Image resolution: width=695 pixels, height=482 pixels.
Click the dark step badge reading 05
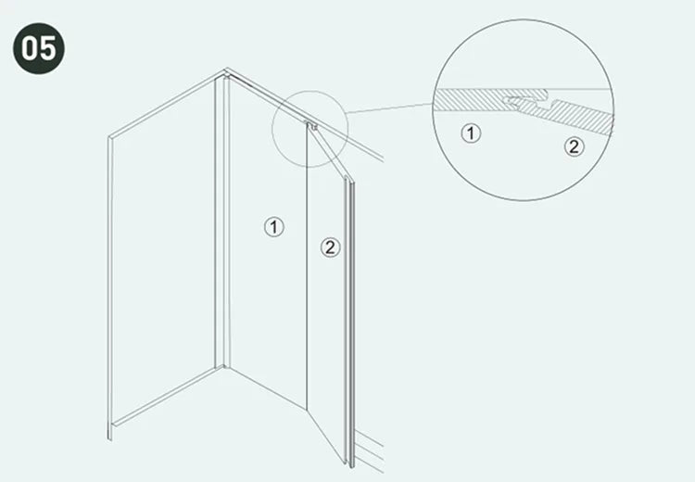(x=39, y=48)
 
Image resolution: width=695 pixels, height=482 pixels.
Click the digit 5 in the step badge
(x=48, y=48)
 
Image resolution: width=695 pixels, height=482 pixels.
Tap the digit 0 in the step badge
(x=30, y=48)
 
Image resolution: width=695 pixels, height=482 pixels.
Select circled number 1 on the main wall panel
(x=274, y=226)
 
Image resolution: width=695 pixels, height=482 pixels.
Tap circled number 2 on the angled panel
(x=330, y=247)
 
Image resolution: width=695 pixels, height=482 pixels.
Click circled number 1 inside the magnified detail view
(x=471, y=133)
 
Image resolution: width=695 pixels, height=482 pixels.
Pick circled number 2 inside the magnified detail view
(x=574, y=146)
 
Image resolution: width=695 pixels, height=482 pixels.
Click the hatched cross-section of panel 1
(x=479, y=100)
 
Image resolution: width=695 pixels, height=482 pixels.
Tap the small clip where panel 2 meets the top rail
(x=312, y=125)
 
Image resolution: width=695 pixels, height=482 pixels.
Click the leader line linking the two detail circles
(x=390, y=108)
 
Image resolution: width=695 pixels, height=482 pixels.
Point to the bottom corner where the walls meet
(x=223, y=367)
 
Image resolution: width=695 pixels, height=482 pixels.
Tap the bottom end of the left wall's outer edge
(x=109, y=439)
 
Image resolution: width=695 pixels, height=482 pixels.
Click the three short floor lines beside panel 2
(x=369, y=450)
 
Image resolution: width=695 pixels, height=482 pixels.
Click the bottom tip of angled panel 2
(x=346, y=463)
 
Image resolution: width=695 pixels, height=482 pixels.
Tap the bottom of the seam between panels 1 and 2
(x=307, y=409)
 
